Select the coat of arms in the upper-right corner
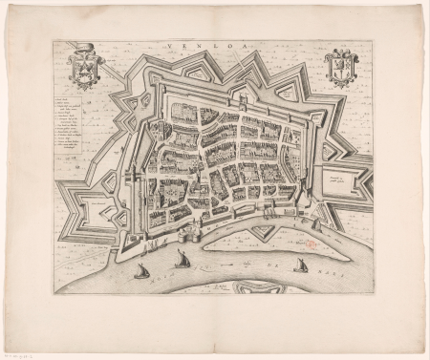click(x=340, y=68)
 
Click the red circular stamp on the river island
click(x=312, y=244)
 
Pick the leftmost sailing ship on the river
click(x=140, y=272)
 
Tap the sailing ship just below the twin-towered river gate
click(x=182, y=258)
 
